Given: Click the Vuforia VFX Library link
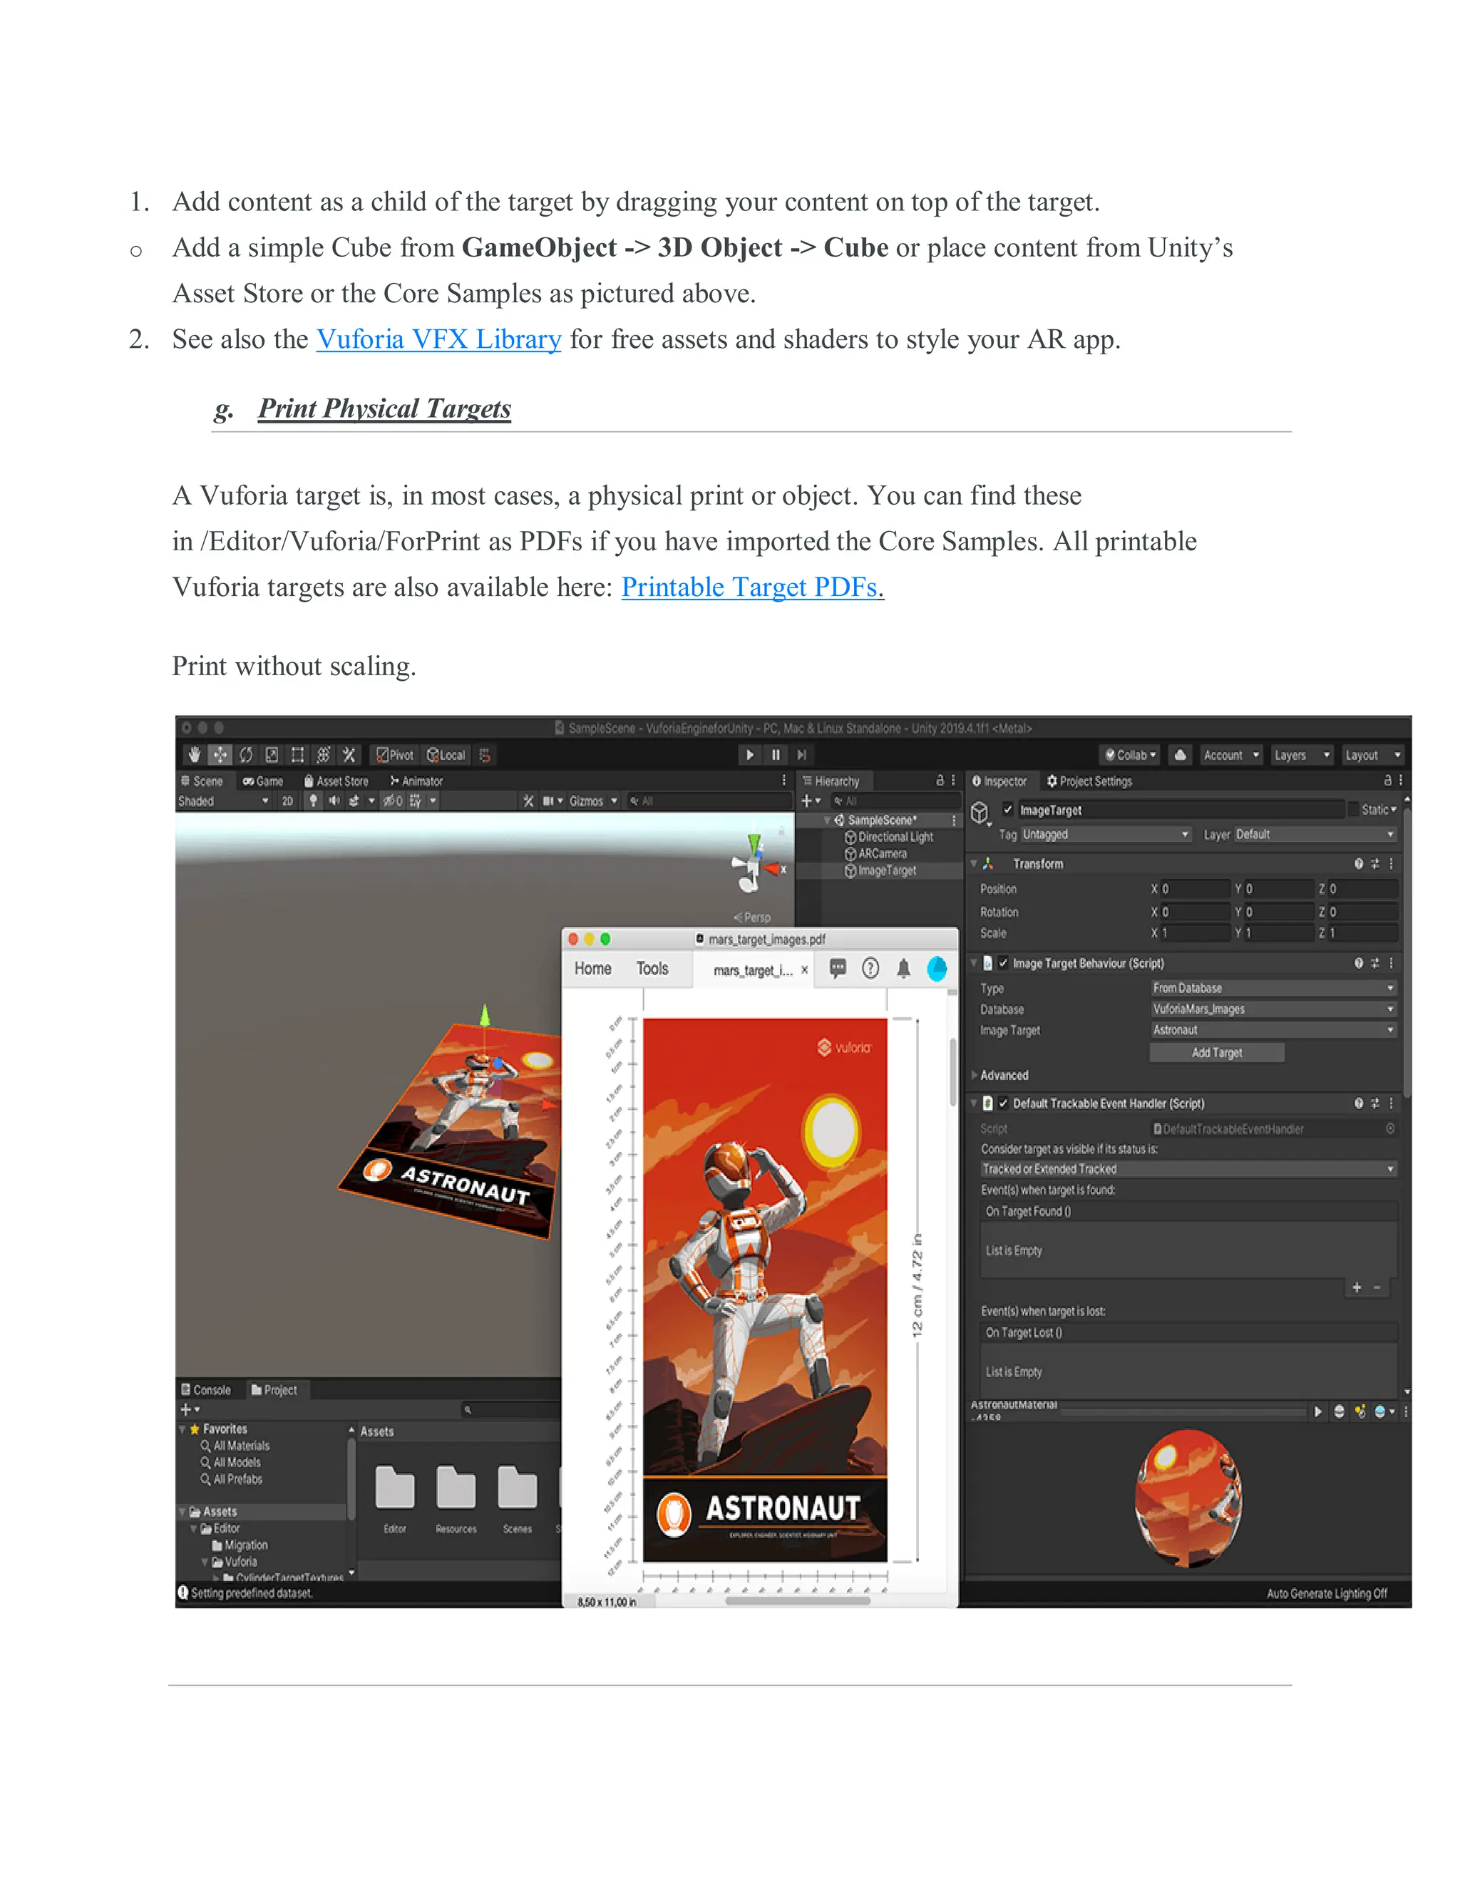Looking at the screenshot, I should click(438, 339).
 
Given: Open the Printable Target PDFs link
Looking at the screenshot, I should click(751, 587).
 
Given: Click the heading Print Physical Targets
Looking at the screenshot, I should click(384, 408).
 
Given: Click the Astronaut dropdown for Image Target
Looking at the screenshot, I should click(1273, 1030).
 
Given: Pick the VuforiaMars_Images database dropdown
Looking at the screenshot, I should click(1273, 1009).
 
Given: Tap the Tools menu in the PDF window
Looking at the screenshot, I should click(652, 969).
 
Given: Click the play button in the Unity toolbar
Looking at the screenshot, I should click(750, 755).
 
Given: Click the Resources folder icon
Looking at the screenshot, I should click(456, 1488).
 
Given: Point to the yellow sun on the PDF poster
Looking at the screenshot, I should click(831, 1128).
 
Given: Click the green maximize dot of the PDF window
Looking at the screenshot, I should click(605, 940).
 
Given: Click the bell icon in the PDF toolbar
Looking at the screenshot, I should click(903, 969).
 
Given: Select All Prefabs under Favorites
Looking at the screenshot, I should click(237, 1479).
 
